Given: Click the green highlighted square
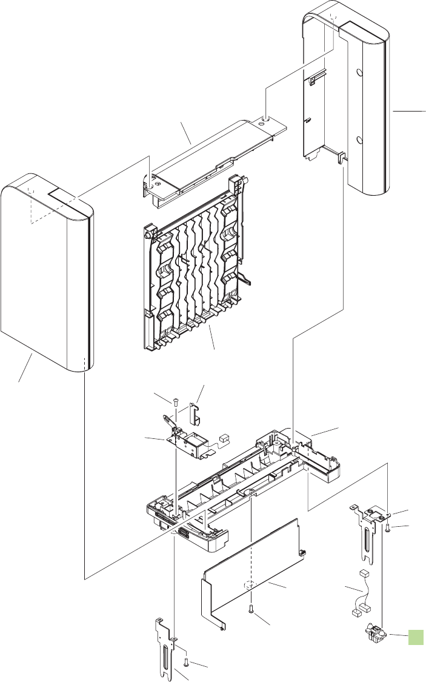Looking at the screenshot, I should [x=415, y=637].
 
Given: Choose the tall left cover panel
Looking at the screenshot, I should [x=45, y=273].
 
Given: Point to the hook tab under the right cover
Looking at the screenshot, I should [x=343, y=159].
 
